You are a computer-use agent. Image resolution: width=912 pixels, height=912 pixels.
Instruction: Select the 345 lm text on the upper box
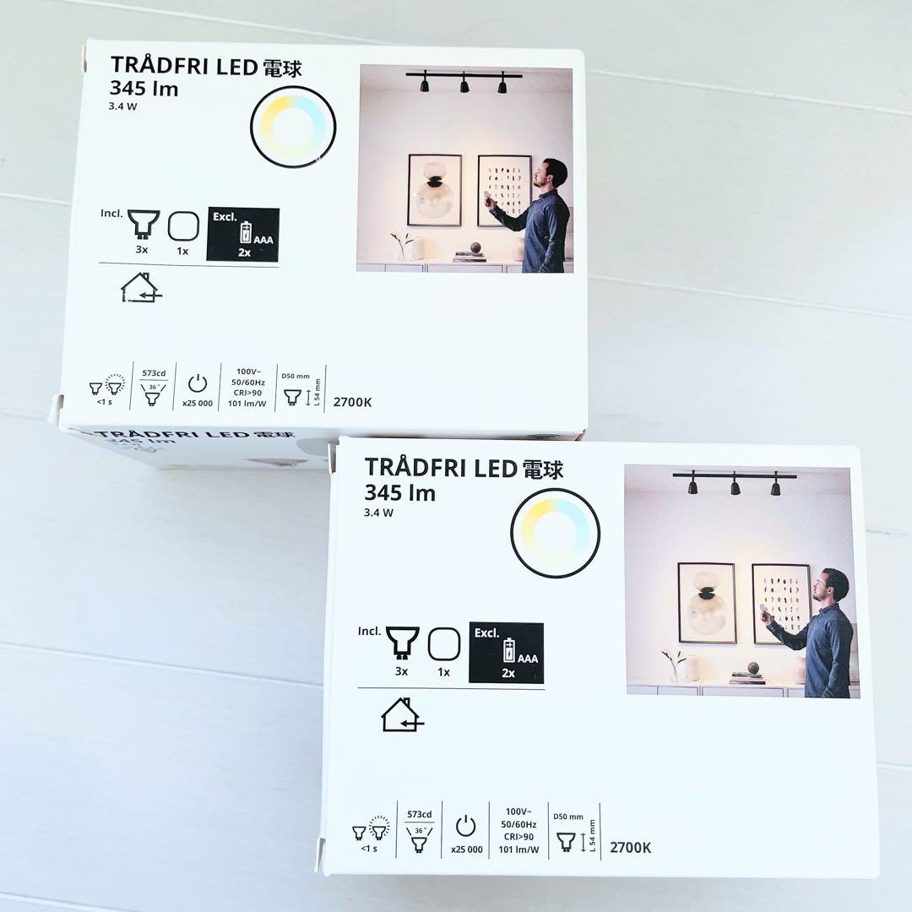tap(144, 88)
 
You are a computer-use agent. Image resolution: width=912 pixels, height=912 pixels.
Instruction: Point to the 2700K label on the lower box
tap(630, 847)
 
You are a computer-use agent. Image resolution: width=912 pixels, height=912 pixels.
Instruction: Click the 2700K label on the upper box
tap(351, 402)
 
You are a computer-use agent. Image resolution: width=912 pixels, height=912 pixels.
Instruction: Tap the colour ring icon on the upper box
tap(293, 127)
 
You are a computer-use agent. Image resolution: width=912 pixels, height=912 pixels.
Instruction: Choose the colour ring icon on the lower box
tap(555, 533)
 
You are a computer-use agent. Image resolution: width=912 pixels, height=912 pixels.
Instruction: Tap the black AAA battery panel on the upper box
tap(242, 234)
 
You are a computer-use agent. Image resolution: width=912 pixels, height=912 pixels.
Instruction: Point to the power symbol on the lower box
tap(466, 827)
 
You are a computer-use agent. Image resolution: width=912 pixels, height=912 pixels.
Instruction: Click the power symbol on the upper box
tap(197, 383)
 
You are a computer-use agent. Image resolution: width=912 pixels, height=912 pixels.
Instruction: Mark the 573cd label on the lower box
tap(420, 815)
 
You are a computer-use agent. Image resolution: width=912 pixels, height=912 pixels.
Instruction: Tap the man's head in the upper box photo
tap(555, 173)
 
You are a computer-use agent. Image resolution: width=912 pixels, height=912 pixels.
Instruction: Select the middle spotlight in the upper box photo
tap(464, 84)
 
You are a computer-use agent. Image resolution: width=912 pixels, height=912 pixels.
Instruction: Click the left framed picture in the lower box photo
tap(707, 602)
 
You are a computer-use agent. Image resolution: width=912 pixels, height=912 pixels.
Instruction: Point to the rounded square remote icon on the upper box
tap(182, 226)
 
